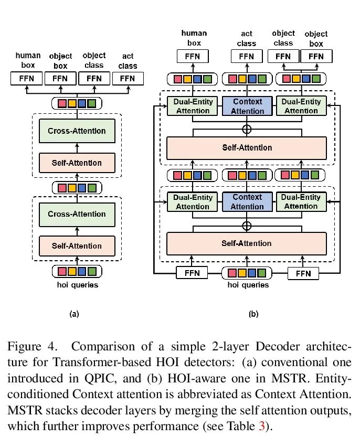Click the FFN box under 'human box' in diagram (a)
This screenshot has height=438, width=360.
(27, 79)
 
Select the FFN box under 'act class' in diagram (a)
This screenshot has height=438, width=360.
(128, 79)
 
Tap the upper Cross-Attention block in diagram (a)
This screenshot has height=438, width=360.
(77, 131)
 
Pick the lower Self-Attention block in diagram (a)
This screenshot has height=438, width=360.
(77, 245)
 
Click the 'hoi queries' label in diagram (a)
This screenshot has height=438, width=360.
(77, 285)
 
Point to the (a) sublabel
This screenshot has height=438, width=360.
(74, 314)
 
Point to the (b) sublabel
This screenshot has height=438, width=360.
(253, 314)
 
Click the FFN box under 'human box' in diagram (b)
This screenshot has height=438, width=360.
(194, 56)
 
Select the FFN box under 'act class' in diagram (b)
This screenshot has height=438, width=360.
(247, 56)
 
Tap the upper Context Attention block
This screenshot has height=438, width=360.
(248, 105)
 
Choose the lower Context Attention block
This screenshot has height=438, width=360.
(247, 202)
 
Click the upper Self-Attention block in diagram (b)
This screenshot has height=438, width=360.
(247, 147)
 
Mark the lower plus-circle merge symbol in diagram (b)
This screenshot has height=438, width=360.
(247, 226)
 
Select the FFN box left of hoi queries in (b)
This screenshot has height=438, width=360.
(192, 273)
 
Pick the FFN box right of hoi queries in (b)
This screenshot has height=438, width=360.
(303, 273)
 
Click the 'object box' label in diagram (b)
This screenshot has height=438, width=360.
(316, 38)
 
